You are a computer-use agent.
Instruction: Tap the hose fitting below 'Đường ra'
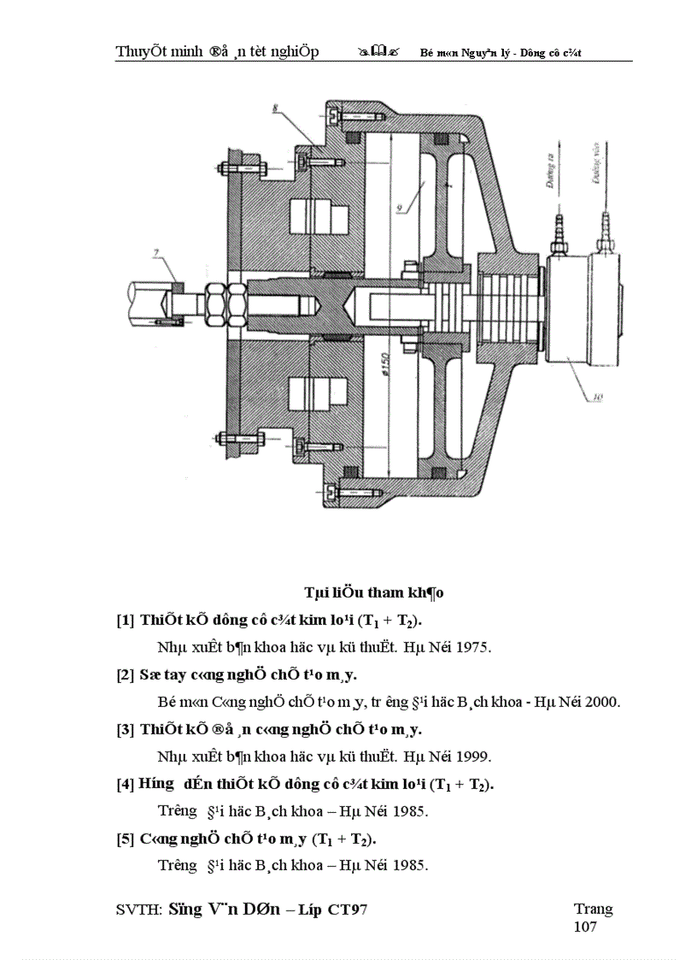pyautogui.click(x=559, y=229)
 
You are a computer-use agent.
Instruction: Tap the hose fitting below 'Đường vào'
pyautogui.click(x=606, y=229)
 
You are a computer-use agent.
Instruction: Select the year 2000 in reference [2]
pyautogui.click(x=602, y=702)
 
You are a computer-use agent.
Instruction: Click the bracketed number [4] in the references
pyautogui.click(x=125, y=784)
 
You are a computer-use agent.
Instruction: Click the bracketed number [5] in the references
pyautogui.click(x=125, y=839)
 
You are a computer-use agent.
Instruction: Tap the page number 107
pyautogui.click(x=585, y=927)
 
